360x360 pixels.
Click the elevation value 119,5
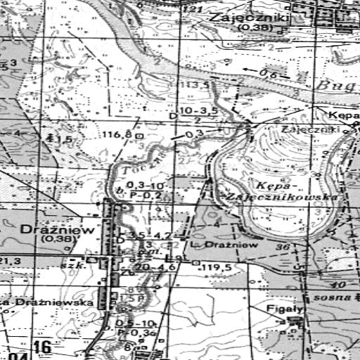[217, 268]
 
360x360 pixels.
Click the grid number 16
[42, 346]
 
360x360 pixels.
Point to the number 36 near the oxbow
[283, 247]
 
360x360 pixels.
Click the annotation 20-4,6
[157, 267]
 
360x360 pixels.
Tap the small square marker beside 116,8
[139, 134]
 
